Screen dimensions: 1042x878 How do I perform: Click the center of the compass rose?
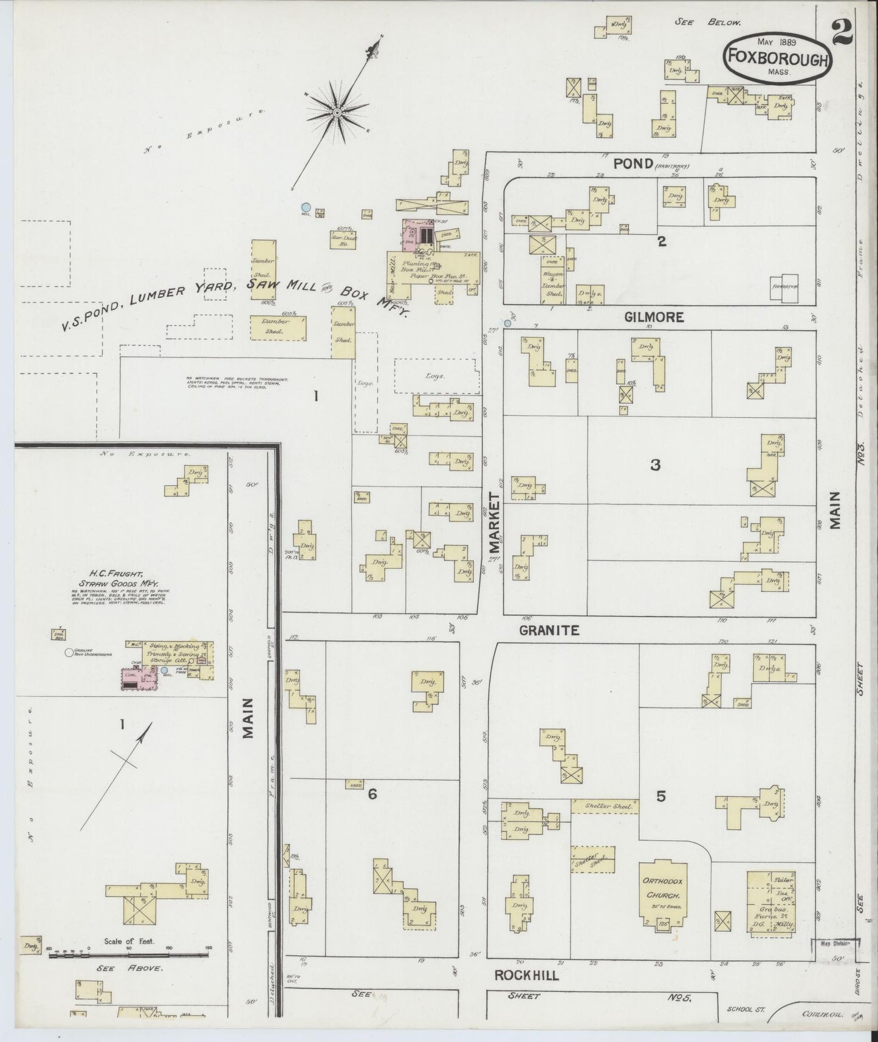tap(336, 113)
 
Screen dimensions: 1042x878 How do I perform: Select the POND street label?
tap(633, 164)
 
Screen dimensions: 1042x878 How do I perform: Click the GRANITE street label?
tap(549, 631)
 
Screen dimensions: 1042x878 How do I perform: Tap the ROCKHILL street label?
tap(526, 975)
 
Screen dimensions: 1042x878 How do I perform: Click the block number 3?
tap(655, 466)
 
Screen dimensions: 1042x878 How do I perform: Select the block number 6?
tap(372, 794)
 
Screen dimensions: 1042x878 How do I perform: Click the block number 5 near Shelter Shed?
tap(661, 796)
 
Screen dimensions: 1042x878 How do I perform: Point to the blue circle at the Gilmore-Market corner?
tap(507, 323)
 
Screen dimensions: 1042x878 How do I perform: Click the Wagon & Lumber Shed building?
tap(552, 281)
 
